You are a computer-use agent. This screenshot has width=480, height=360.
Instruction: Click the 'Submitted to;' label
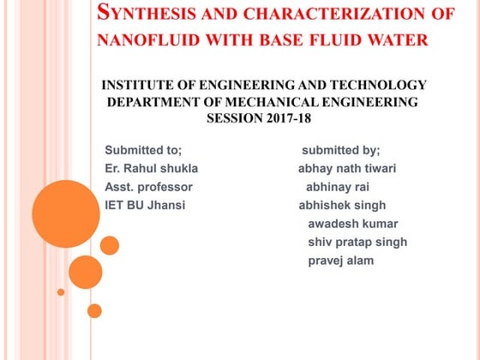[x=143, y=149]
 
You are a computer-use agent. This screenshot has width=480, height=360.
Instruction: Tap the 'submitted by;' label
[x=340, y=149]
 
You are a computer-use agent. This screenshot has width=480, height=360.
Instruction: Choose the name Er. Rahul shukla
[x=151, y=168]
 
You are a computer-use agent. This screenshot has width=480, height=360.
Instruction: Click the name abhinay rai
[x=338, y=187]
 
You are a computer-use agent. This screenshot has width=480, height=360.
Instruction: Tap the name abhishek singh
[x=342, y=205]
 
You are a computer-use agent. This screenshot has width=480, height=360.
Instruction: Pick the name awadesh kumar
[x=347, y=224]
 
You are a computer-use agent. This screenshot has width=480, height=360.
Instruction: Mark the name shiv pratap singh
[x=357, y=242]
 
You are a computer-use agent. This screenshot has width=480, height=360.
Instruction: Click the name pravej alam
[x=341, y=261]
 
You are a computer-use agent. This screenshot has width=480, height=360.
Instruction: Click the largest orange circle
[x=65, y=213]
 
